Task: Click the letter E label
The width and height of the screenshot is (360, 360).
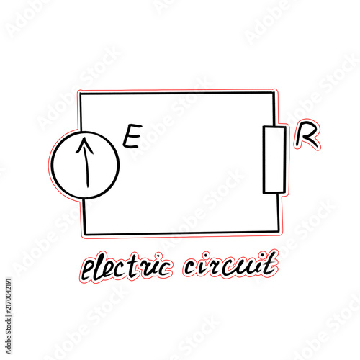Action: [132, 136]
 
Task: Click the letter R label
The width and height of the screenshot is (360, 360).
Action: [307, 135]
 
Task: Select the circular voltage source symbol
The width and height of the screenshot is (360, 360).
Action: [52, 165]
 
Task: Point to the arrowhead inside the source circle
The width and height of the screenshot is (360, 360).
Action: [84, 145]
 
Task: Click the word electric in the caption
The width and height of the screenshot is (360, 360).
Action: [127, 267]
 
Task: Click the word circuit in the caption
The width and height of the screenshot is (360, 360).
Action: [230, 265]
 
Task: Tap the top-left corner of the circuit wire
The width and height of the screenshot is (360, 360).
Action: [81, 94]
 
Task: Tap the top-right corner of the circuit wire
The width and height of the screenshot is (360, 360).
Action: [274, 93]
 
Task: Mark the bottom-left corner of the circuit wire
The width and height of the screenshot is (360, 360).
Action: [86, 233]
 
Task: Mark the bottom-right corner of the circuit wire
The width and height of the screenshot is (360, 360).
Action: [279, 231]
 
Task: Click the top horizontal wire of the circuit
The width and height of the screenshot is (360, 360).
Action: [177, 93]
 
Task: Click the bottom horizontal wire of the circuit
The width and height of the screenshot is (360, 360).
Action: [182, 233]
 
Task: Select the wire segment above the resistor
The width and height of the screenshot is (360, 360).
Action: [274, 109]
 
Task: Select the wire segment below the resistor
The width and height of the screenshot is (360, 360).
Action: [278, 212]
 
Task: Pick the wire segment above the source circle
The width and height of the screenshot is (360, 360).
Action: [81, 112]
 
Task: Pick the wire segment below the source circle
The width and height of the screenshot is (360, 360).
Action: [84, 216]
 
